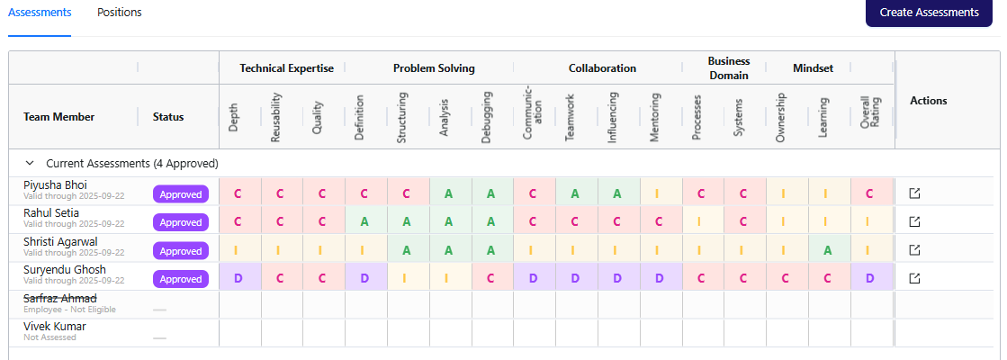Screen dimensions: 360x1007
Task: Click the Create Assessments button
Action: click(929, 13)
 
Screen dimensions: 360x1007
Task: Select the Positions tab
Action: click(119, 13)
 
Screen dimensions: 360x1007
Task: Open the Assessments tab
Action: click(40, 13)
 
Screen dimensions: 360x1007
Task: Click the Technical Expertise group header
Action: click(286, 68)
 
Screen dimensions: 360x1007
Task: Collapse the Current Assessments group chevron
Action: click(30, 164)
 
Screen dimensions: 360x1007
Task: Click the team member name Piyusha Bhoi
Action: click(56, 184)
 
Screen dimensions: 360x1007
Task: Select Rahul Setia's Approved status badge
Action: click(181, 222)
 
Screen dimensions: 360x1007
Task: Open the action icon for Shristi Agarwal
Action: click(914, 250)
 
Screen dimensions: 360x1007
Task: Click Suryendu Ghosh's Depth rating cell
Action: click(238, 279)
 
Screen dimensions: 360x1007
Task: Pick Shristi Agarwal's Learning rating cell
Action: click(827, 251)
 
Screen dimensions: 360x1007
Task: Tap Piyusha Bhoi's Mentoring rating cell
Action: click(657, 193)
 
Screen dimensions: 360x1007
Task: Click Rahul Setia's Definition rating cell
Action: click(364, 222)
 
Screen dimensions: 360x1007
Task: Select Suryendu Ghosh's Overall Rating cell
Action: click(869, 279)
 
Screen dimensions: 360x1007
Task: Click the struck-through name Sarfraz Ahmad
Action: click(60, 298)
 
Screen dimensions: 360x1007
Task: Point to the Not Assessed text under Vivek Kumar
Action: click(50, 337)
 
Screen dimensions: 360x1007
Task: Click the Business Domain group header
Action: click(728, 68)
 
